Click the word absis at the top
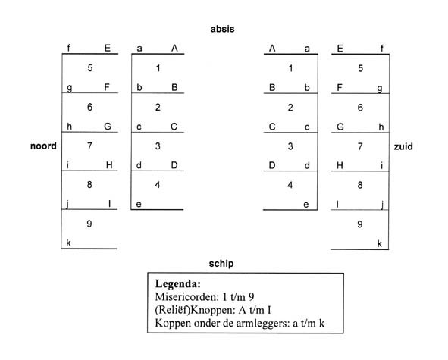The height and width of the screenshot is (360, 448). [x=222, y=29]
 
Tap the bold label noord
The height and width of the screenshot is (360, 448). [x=43, y=146]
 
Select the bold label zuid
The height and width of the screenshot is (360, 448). [x=403, y=146]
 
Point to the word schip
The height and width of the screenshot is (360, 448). [x=221, y=264]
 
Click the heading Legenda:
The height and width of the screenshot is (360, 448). [x=178, y=283]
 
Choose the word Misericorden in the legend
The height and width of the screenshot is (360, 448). [x=186, y=297]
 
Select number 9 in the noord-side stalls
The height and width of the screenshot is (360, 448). [x=89, y=224]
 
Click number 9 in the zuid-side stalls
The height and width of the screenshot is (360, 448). [x=360, y=224]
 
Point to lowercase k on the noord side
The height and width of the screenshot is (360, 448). [x=68, y=243]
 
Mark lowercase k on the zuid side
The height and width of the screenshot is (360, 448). [x=380, y=244]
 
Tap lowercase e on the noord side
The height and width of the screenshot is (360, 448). [x=139, y=205]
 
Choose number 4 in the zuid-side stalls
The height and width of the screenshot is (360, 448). [x=290, y=185]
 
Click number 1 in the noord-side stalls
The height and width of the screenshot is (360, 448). [x=158, y=68]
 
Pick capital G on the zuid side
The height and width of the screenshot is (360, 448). [x=340, y=127]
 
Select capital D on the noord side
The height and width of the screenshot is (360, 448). [x=174, y=165]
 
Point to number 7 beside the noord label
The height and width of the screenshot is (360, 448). [x=89, y=146]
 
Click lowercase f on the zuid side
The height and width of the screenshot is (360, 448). [x=382, y=49]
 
